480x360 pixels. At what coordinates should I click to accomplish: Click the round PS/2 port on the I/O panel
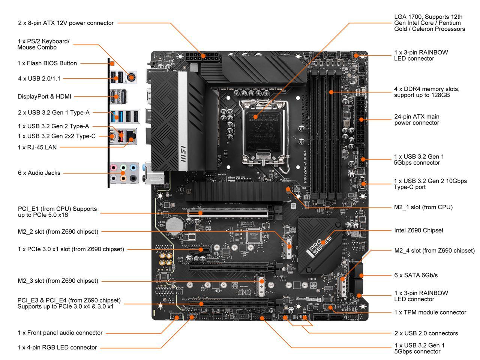pyautogui.click(x=131, y=78)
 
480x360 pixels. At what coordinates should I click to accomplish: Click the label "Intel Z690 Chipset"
pyautogui.click(x=418, y=230)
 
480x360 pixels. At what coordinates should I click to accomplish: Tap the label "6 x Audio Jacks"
pyautogui.click(x=39, y=173)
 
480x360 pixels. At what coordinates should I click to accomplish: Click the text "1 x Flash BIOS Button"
pyautogui.click(x=47, y=63)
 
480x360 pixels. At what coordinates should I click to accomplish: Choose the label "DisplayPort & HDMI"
pyautogui.click(x=44, y=96)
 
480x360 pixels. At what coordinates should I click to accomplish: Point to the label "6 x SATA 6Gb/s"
pyautogui.click(x=416, y=275)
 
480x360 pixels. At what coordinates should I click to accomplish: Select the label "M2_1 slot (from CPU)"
pyautogui.click(x=423, y=207)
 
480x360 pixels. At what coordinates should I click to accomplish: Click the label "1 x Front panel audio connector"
pyautogui.click(x=60, y=333)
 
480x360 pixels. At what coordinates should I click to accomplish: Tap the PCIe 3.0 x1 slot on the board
pyautogui.click(x=197, y=249)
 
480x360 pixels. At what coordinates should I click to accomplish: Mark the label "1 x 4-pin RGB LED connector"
pyautogui.click(x=57, y=348)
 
